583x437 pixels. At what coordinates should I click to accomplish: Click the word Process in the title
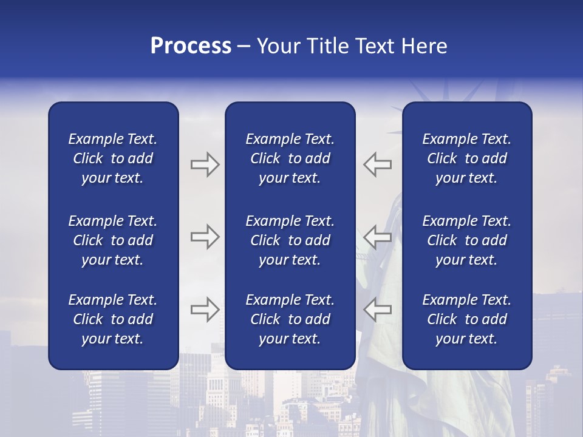[191, 46]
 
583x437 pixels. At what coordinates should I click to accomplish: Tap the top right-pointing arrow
[205, 164]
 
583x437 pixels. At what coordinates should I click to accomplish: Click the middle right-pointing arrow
[205, 237]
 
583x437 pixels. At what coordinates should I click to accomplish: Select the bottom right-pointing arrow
[205, 309]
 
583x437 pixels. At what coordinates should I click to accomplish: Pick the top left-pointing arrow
[378, 164]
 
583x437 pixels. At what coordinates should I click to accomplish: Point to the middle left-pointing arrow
[378, 237]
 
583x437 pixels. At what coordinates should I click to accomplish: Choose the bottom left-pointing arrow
[378, 309]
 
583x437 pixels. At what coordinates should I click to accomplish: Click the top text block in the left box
[113, 158]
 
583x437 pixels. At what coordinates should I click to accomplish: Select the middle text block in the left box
[113, 240]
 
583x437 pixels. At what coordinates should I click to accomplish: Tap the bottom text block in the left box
[113, 319]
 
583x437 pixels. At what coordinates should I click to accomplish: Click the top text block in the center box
[290, 158]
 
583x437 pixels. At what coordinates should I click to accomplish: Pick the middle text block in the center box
[290, 240]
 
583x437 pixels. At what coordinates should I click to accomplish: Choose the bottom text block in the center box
[290, 319]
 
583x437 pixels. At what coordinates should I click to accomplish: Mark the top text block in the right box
[466, 158]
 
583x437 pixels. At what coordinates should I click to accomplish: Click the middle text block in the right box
[466, 240]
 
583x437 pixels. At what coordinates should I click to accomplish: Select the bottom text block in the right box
[466, 319]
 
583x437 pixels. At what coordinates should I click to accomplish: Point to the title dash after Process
[244, 47]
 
